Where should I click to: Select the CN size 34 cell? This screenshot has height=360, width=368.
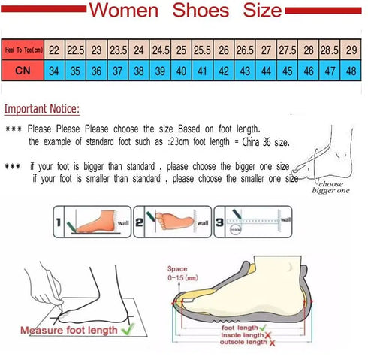click(x=54, y=69)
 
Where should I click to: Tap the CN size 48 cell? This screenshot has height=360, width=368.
click(x=351, y=69)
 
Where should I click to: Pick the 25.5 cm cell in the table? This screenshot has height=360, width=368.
click(x=203, y=49)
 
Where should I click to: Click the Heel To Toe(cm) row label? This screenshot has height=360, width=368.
click(x=23, y=50)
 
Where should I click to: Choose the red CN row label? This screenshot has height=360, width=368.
click(x=23, y=69)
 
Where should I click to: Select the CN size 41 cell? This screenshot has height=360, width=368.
click(x=203, y=69)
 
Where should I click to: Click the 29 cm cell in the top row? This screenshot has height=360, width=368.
click(x=351, y=49)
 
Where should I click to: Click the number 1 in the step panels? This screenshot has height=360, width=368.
click(x=58, y=223)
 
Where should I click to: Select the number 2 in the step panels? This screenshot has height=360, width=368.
click(x=149, y=223)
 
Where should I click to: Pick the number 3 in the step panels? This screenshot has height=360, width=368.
click(x=219, y=223)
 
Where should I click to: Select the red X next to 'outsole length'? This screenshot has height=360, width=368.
click(x=272, y=343)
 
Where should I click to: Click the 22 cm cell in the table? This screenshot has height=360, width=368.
click(x=54, y=49)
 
